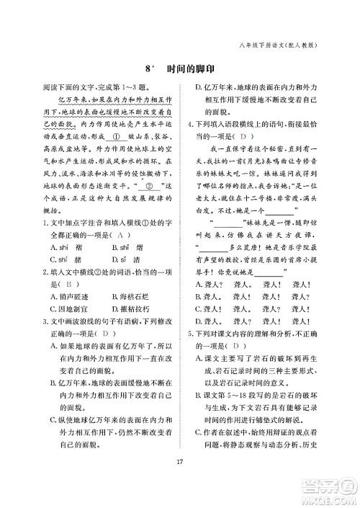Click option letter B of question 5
199,395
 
